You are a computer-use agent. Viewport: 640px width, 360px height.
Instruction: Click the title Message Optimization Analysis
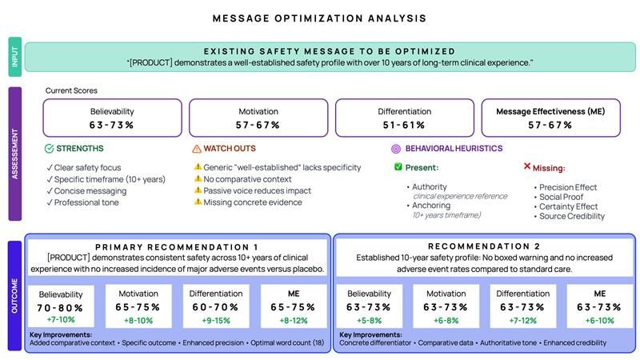point(319,18)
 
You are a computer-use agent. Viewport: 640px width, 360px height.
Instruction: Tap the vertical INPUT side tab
point(15,57)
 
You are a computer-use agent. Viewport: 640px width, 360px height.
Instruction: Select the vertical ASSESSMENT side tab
point(15,151)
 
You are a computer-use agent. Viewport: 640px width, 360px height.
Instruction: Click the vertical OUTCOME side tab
point(15,294)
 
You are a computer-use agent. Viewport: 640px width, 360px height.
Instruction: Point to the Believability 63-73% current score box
point(112,118)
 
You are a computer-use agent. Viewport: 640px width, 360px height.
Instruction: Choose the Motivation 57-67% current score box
point(258,118)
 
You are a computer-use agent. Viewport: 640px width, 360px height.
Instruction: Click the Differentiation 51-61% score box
point(404,118)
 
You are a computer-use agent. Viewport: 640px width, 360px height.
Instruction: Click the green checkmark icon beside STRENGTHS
point(49,149)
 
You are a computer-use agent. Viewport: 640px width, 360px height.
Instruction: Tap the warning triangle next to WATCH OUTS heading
point(197,149)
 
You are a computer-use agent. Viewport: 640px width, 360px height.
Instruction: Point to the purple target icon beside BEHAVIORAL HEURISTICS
point(395,149)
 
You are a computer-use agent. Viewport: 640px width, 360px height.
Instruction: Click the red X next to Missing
point(527,166)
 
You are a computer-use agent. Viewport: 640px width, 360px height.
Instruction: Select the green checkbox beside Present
point(398,167)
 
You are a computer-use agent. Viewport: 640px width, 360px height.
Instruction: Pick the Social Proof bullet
point(555,197)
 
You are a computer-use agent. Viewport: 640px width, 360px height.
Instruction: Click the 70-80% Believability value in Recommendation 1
point(60,306)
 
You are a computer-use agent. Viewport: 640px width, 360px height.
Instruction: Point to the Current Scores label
point(71,90)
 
